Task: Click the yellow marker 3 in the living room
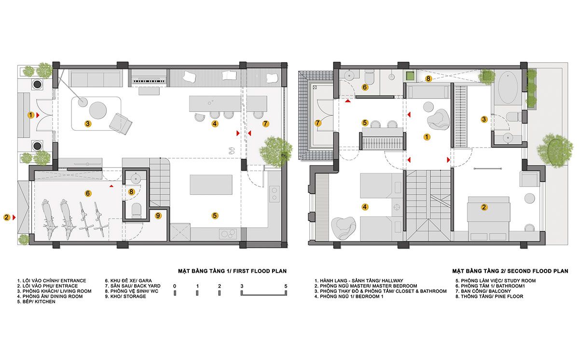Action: coord(88,124)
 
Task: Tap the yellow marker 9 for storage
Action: coord(158,216)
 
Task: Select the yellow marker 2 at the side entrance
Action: coord(6,217)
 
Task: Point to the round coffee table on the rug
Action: coord(98,110)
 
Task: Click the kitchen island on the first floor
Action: coord(211,184)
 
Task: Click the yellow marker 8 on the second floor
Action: coord(428,78)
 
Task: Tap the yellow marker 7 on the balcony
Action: coord(317,123)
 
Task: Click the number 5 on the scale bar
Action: coord(286,286)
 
